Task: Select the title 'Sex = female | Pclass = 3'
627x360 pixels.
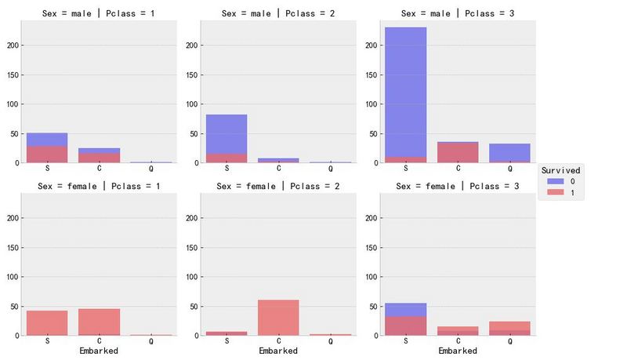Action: (x=457, y=186)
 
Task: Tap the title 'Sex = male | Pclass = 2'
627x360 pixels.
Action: (x=277, y=13)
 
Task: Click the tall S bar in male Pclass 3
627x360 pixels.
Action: (x=406, y=94)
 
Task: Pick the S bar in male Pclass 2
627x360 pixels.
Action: (x=227, y=138)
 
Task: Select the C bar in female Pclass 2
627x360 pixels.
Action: (x=278, y=317)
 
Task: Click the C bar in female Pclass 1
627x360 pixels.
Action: (x=99, y=322)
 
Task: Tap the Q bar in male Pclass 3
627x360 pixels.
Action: (x=509, y=153)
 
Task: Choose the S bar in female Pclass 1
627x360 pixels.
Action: (x=47, y=322)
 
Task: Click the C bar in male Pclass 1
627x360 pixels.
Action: (x=99, y=155)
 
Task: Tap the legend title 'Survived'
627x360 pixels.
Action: (x=561, y=170)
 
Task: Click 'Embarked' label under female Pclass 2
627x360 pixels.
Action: (x=278, y=351)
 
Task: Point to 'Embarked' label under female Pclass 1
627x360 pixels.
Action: (x=99, y=351)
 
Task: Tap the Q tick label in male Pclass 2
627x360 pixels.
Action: (x=330, y=168)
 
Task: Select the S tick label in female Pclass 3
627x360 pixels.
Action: (x=406, y=340)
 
